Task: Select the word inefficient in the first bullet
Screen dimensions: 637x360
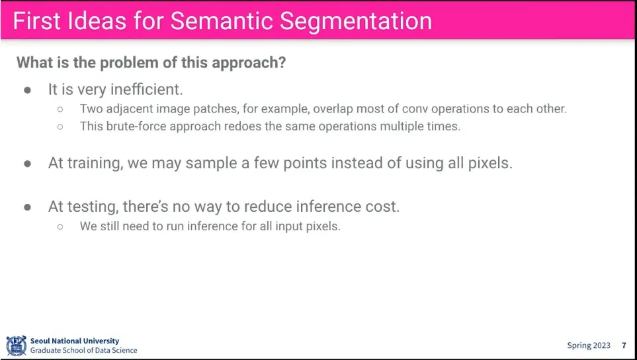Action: pyautogui.click(x=147, y=89)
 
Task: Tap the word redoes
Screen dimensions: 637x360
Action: pyautogui.click(x=236, y=126)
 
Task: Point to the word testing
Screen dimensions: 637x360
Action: pyautogui.click(x=93, y=207)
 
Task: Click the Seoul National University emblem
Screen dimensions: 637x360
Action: pyautogui.click(x=17, y=346)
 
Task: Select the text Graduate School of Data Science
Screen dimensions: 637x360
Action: pyautogui.click(x=84, y=350)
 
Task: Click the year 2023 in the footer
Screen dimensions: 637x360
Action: pyautogui.click(x=601, y=346)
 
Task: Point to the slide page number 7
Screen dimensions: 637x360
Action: pyautogui.click(x=624, y=346)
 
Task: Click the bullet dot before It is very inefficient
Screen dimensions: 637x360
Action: pyautogui.click(x=28, y=90)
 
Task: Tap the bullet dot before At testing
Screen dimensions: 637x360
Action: pyautogui.click(x=28, y=207)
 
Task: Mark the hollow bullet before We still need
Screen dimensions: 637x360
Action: pyautogui.click(x=60, y=227)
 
